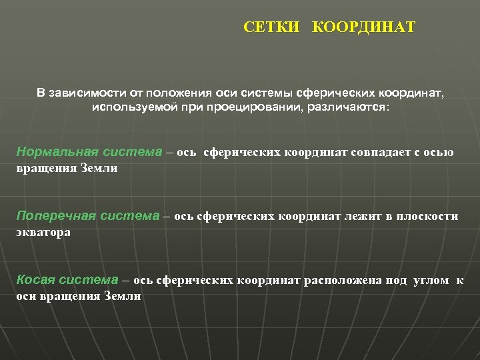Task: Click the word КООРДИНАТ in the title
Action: point(364,27)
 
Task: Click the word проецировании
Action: point(255,107)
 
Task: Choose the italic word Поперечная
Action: point(56,216)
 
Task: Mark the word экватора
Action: point(43,233)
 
